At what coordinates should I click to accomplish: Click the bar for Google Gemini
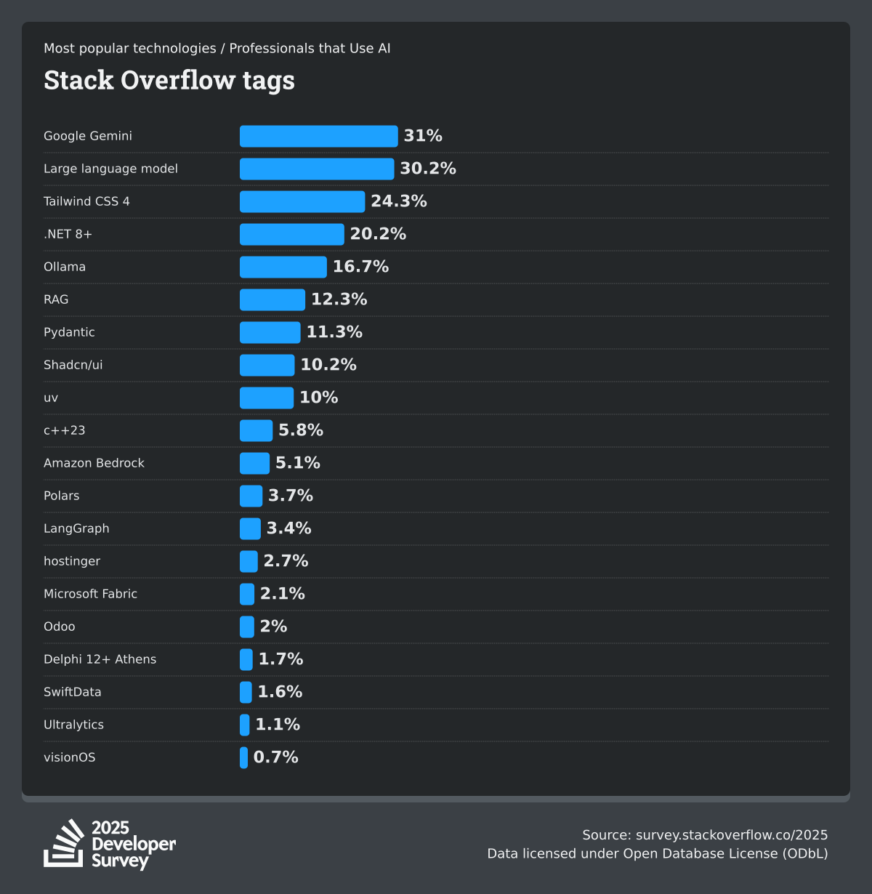318,136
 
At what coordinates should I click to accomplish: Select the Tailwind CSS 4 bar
302,201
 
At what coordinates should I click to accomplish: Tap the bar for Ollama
283,267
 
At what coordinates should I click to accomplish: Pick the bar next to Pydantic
270,332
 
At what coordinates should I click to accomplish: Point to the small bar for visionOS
244,757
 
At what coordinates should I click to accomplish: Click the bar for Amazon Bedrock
254,463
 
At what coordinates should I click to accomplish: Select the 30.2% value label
428,169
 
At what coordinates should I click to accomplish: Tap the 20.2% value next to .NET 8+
378,234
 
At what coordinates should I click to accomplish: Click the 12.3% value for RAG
339,299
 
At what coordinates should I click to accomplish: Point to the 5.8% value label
301,430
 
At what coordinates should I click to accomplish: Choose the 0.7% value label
275,757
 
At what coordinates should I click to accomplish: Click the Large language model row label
110,169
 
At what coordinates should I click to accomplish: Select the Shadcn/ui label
73,365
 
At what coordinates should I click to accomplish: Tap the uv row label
51,398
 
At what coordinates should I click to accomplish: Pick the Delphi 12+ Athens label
100,659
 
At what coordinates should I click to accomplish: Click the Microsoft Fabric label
90,594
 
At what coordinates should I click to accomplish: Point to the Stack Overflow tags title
169,80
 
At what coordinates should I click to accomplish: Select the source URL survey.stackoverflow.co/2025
731,834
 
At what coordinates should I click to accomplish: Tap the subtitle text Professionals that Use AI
310,48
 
